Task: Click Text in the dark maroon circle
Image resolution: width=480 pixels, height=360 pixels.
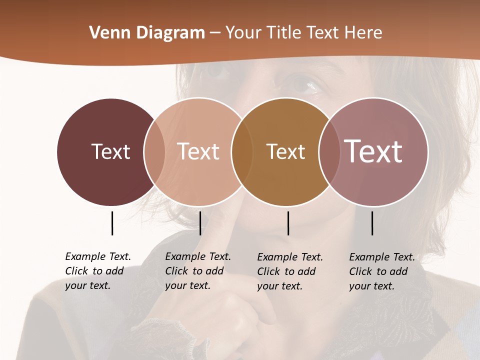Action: click(110, 151)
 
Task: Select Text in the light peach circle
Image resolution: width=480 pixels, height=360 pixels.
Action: click(198, 151)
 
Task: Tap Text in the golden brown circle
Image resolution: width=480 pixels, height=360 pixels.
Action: click(285, 151)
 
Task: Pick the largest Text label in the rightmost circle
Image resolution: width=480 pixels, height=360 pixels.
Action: click(373, 151)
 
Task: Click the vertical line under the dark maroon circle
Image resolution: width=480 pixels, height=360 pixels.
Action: click(112, 223)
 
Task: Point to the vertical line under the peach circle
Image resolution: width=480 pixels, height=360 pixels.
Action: click(200, 223)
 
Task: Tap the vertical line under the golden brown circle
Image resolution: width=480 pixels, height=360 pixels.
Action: click(288, 223)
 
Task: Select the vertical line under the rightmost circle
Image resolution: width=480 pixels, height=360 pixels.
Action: click(372, 223)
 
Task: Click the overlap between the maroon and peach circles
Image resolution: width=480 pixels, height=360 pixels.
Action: click(154, 152)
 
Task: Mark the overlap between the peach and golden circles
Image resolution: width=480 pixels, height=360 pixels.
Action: click(240, 152)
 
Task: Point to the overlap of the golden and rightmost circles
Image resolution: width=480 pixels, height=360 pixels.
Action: click(327, 152)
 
